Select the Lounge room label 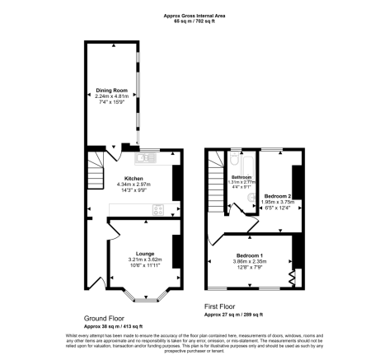(x=144, y=255)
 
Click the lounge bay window (x=146, y=293)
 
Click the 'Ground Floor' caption (x=105, y=317)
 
